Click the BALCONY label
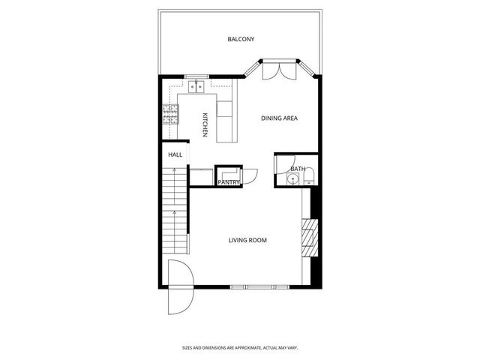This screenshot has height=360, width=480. [x=241, y=39]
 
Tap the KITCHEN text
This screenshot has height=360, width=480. [x=204, y=124]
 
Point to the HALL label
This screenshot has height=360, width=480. [x=175, y=154]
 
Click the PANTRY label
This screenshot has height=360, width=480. [x=228, y=181]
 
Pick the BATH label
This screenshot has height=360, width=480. [x=298, y=169]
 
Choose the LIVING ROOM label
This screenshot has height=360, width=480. [x=247, y=240]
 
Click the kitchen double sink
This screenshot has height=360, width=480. [x=197, y=87]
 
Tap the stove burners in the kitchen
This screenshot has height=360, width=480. [x=169, y=114]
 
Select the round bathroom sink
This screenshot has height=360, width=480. [x=295, y=181]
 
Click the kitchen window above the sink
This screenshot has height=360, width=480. [x=197, y=75]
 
